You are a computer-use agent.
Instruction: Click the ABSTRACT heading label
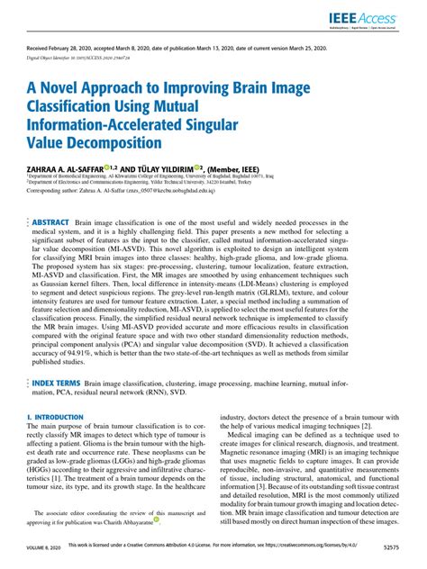coord(51,221)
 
